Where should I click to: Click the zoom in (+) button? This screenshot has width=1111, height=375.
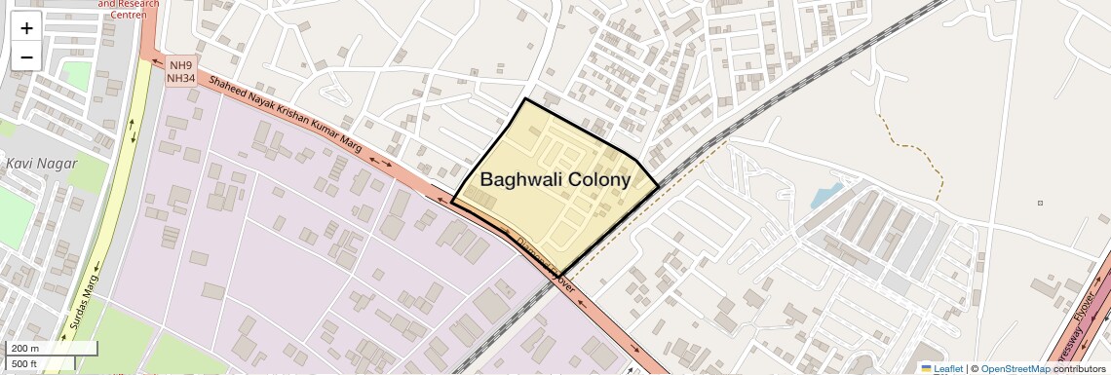point(26,28)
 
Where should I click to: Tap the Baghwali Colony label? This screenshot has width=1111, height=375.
point(555,180)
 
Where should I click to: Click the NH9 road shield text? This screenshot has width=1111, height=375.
point(179,65)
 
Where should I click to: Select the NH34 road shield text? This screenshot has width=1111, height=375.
point(180,78)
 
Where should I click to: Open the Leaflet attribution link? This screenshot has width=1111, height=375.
point(948,368)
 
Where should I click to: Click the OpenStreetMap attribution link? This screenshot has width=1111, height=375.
point(1015,368)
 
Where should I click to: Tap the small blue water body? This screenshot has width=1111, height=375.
point(824,196)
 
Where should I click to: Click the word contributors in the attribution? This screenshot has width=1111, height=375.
point(1080,368)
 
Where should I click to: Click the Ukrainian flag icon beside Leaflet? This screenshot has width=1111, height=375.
point(926,368)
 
